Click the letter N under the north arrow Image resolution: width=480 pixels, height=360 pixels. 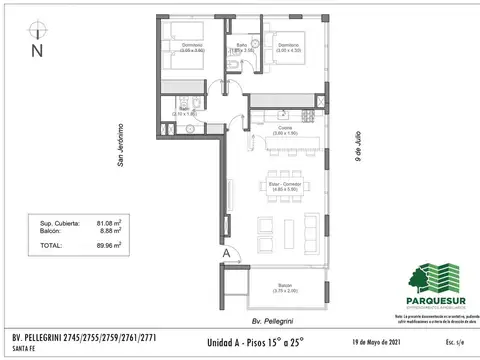point(36,48)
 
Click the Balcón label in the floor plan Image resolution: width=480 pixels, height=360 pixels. point(286,284)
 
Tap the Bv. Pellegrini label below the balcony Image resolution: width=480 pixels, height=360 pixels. point(272,323)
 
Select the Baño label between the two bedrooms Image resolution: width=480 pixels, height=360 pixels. point(241,45)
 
